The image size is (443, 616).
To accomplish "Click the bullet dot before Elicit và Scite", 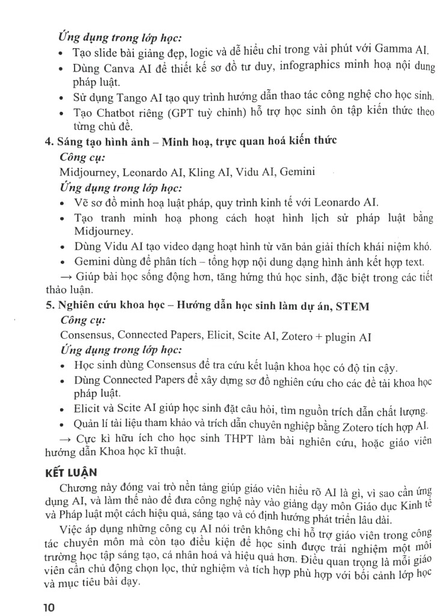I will (64, 410).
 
